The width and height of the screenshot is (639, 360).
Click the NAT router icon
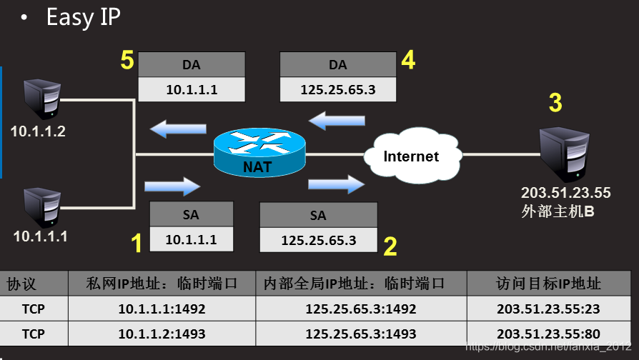point(259,152)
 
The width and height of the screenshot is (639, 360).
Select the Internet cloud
point(411,155)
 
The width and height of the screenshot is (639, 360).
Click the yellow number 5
point(127,61)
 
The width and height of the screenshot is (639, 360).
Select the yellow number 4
point(407,61)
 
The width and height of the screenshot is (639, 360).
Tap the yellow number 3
point(555,103)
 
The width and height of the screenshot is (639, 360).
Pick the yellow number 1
point(137,244)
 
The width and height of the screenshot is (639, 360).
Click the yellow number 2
point(390,246)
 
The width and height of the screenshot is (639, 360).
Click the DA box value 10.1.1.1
point(191,90)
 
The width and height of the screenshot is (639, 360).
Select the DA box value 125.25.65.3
point(337,90)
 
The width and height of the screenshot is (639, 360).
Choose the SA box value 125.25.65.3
point(318,240)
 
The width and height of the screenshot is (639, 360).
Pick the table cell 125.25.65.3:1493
point(361,334)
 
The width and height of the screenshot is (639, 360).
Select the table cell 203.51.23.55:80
point(548,334)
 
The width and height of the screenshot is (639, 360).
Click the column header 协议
point(21,284)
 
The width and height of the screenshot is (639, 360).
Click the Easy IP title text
point(83,17)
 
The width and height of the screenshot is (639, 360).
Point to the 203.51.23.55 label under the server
point(565,192)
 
